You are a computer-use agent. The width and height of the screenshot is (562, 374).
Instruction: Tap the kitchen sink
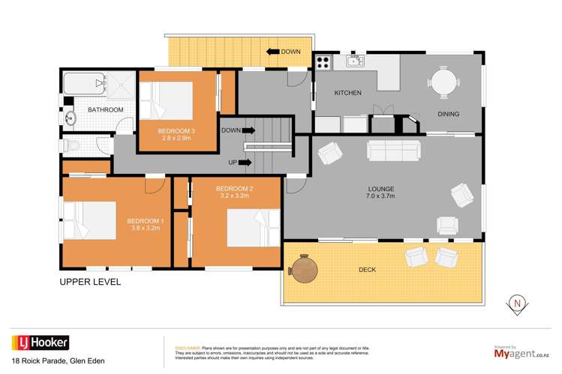tap(354, 61)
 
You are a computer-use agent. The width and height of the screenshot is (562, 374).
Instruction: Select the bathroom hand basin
tap(70, 118)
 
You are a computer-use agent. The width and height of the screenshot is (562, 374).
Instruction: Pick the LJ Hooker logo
tap(40, 343)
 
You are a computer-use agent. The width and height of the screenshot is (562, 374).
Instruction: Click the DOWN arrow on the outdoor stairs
tap(271, 52)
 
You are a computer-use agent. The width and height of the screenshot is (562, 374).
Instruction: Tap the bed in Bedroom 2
tap(247, 225)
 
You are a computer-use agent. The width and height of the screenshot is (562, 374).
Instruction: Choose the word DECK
tap(367, 269)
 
